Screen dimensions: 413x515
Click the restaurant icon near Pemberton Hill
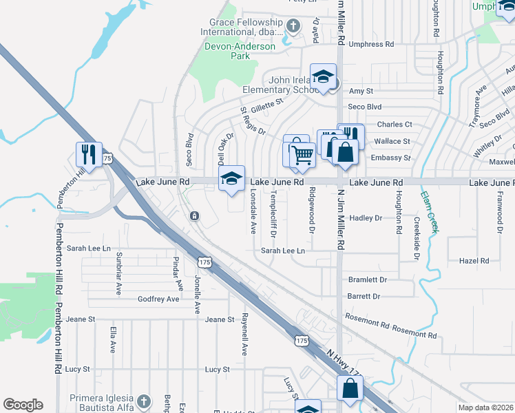click(90, 153)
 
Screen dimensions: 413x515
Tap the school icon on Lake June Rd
click(232, 179)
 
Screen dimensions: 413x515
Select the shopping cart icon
click(301, 154)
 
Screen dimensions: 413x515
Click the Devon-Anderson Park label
click(238, 52)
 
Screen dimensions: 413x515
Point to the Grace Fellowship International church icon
click(294, 27)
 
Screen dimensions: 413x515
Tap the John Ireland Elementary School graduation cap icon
click(322, 78)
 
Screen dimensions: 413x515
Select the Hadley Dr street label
click(366, 218)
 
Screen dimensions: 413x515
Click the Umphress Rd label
click(371, 44)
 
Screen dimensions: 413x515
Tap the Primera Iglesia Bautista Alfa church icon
click(143, 401)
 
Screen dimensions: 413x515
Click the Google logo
click(23, 405)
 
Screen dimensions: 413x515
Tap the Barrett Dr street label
click(364, 296)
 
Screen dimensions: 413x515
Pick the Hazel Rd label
click(474, 261)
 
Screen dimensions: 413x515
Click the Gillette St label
click(267, 103)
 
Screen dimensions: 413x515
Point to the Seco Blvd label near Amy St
click(364, 107)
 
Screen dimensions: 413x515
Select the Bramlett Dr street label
click(368, 279)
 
